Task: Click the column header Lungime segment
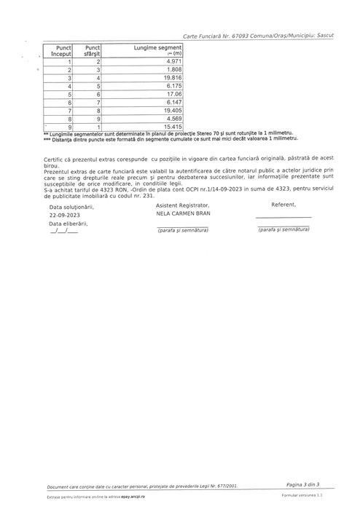[x=157, y=48]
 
